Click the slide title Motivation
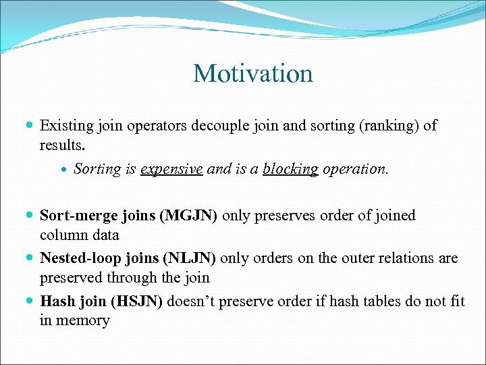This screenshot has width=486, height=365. [x=252, y=74]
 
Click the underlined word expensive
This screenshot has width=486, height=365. [x=171, y=169]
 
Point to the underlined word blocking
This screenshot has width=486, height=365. [x=290, y=169]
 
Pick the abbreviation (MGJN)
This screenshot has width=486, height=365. [x=188, y=216]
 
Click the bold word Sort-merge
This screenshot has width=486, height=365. [x=76, y=216]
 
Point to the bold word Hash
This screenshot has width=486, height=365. [x=55, y=301]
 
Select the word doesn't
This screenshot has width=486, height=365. [x=192, y=301]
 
